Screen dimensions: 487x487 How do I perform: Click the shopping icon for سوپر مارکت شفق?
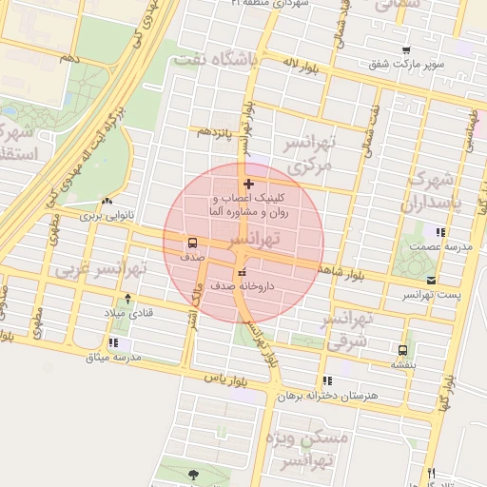pyautogui.click(x=407, y=50)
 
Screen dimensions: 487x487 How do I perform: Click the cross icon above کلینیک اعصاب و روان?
pyautogui.click(x=249, y=184)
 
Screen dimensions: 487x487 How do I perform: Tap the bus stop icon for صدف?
pyautogui.click(x=192, y=242)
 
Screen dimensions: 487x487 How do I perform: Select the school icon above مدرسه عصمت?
pyautogui.click(x=439, y=231)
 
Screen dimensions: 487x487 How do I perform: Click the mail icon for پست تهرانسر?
pyautogui.click(x=432, y=280)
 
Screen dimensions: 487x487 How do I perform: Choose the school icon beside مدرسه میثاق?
pyautogui.click(x=113, y=342)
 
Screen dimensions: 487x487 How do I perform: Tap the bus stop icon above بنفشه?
pyautogui.click(x=402, y=349)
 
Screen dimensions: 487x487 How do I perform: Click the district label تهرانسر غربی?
pyautogui.click(x=99, y=269)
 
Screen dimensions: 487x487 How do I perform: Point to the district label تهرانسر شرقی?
pyautogui.click(x=346, y=331)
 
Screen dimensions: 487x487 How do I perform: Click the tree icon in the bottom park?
pyautogui.click(x=194, y=473)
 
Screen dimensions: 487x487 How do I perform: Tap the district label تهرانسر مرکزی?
pyautogui.click(x=305, y=154)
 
